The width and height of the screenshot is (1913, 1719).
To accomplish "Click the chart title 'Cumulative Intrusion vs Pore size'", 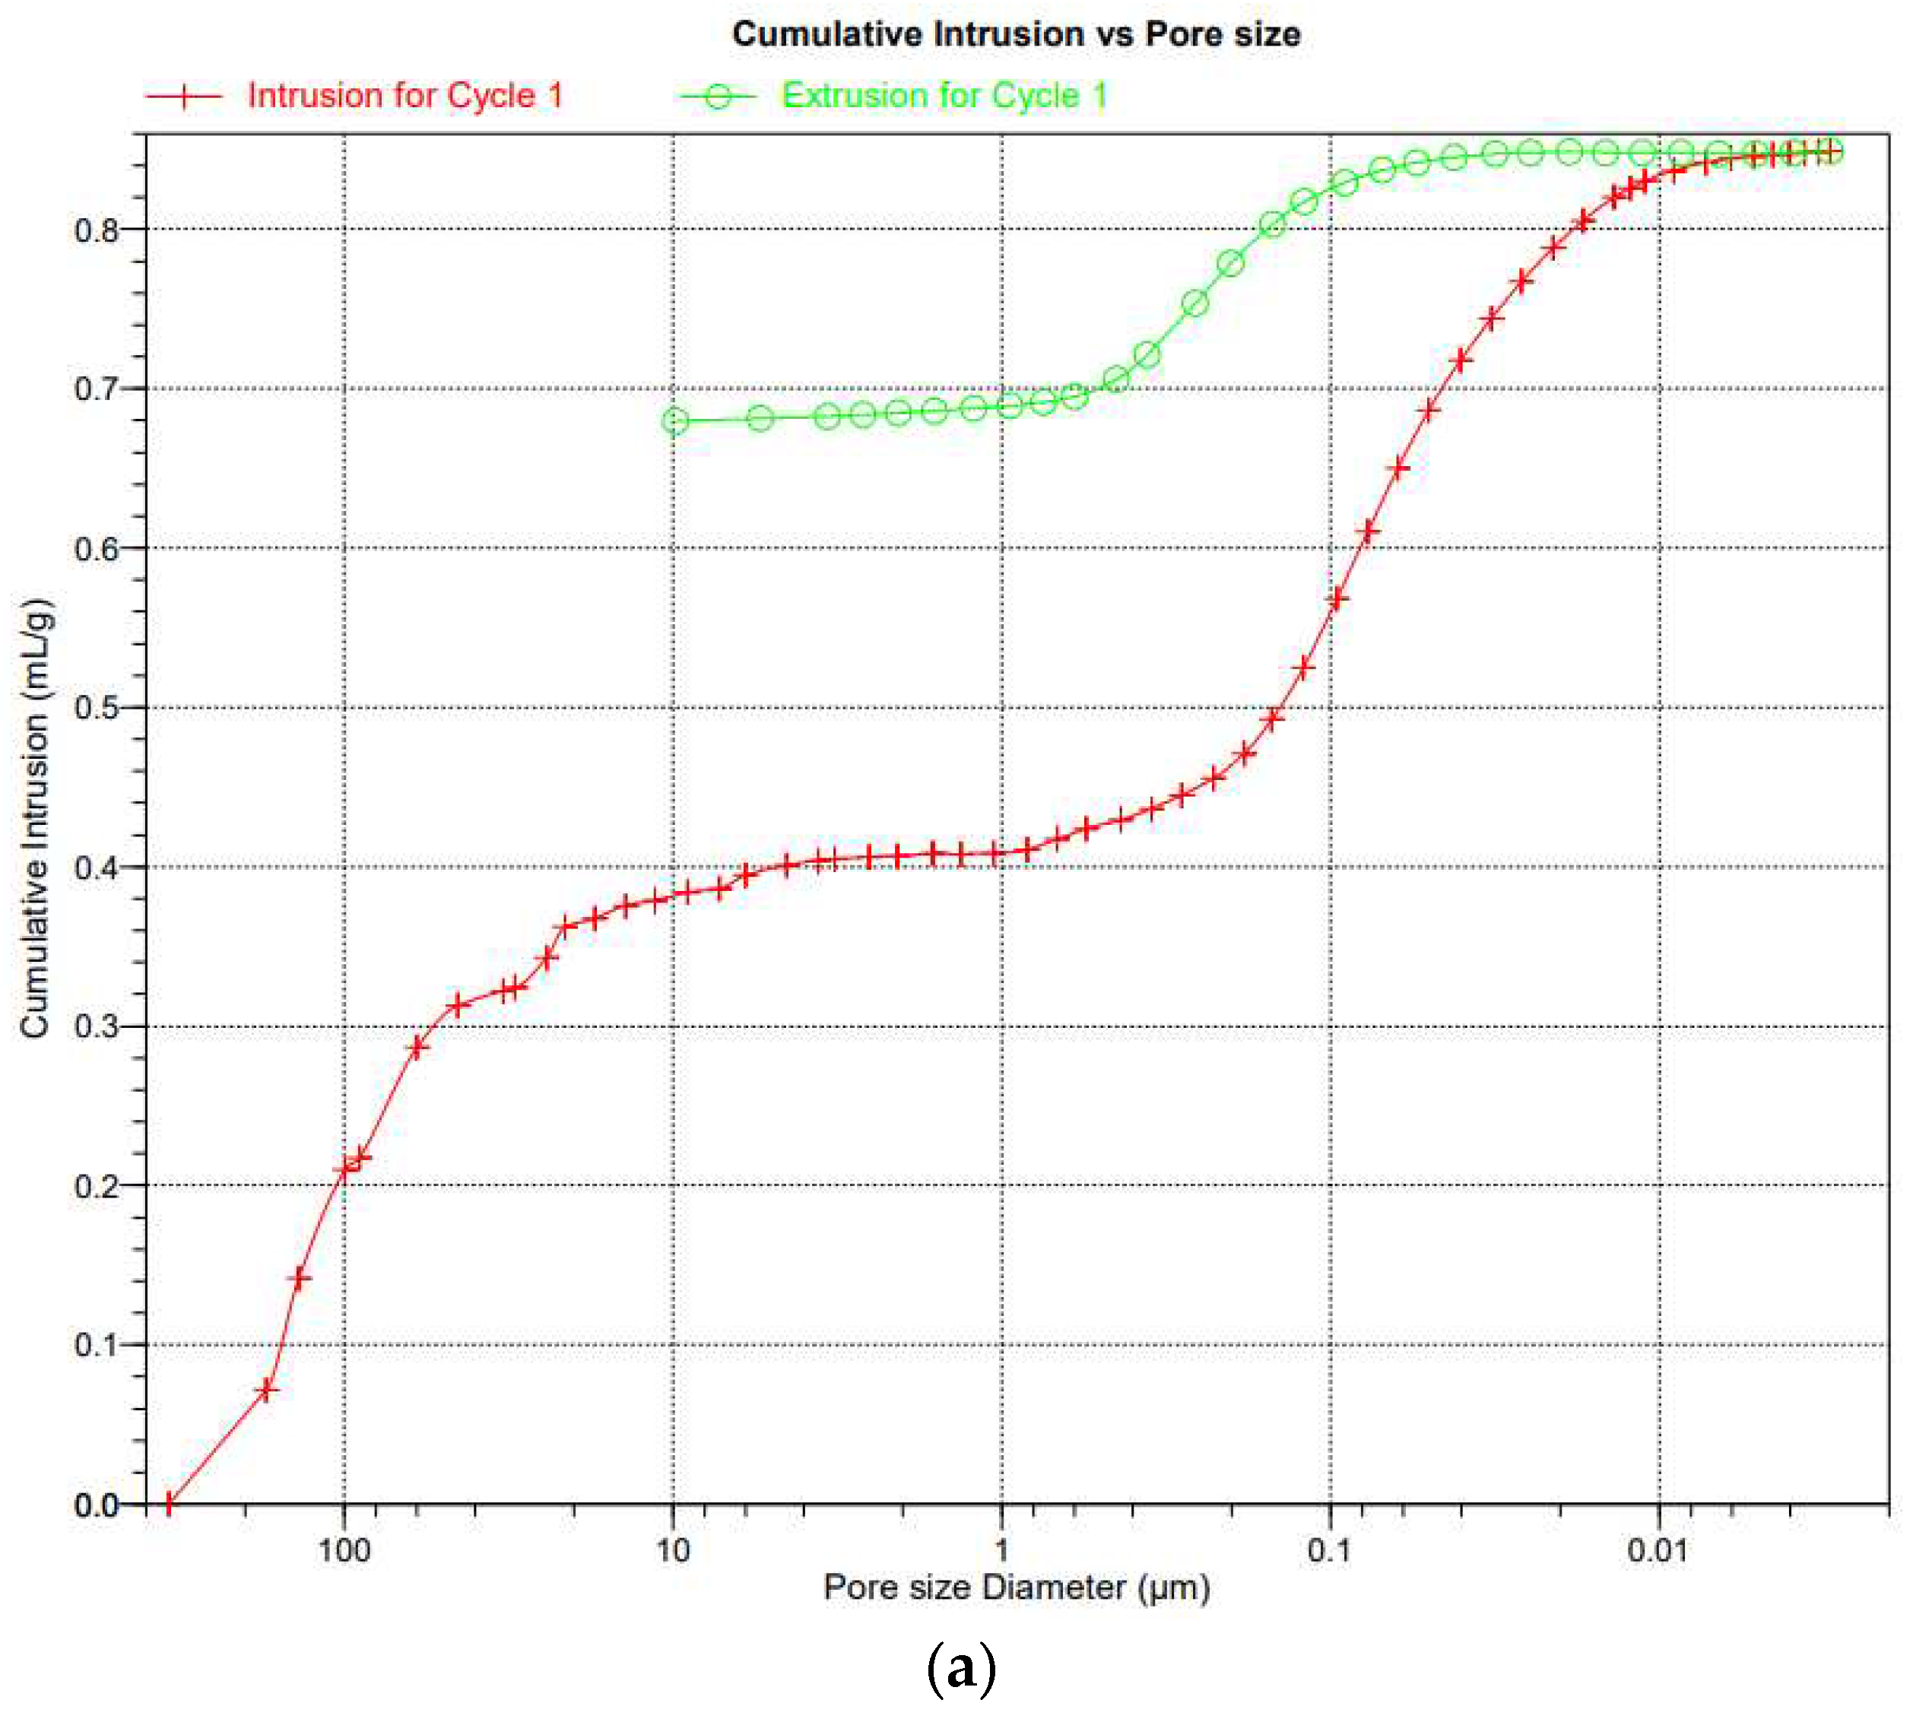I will coord(1016,34).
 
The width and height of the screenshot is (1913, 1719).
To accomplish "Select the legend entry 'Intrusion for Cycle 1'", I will coord(404,95).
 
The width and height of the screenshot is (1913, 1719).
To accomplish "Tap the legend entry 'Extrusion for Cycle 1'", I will coord(944,95).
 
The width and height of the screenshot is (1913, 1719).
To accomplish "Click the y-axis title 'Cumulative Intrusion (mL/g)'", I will coord(35,818).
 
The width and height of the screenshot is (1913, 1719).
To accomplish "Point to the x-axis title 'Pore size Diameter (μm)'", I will coord(1016,1587).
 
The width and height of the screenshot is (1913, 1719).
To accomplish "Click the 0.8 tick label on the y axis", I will coord(97,230).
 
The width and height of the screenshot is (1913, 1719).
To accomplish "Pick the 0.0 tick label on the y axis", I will coord(97,1505).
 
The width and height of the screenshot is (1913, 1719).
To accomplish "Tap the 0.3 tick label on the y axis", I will coord(97,1026).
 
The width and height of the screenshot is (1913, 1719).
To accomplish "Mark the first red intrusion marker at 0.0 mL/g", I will coord(169,1503).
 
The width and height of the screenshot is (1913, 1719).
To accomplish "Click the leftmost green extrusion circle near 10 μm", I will coord(674,420).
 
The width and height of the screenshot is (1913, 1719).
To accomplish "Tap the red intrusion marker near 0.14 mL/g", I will coord(300,1279).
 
